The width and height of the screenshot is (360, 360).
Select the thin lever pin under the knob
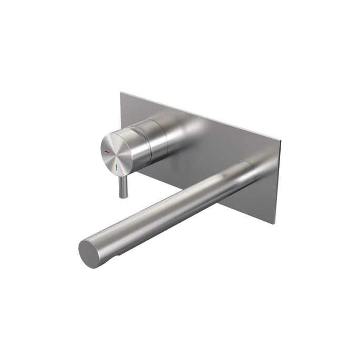pos(123,187)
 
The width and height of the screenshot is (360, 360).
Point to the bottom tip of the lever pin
pos(122,197)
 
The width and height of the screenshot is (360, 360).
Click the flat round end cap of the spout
pos(90,254)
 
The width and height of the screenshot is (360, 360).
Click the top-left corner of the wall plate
pos(121,93)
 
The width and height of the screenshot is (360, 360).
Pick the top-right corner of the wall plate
pos(281,141)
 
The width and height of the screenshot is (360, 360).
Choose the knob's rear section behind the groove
pos(158,138)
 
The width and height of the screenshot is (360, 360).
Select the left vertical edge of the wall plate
pos(121,113)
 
